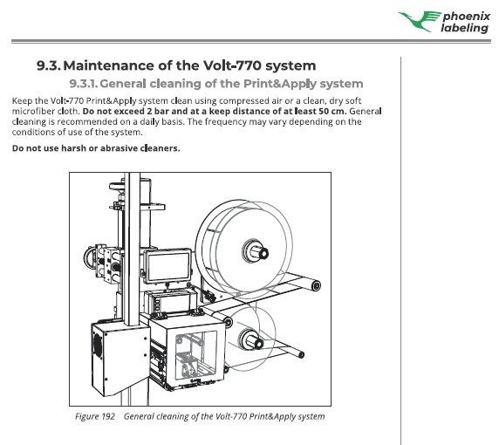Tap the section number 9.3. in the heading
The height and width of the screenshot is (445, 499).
pos(48,65)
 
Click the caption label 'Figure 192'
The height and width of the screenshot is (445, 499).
pos(94,416)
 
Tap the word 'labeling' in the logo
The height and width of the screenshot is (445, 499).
pos(464,27)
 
